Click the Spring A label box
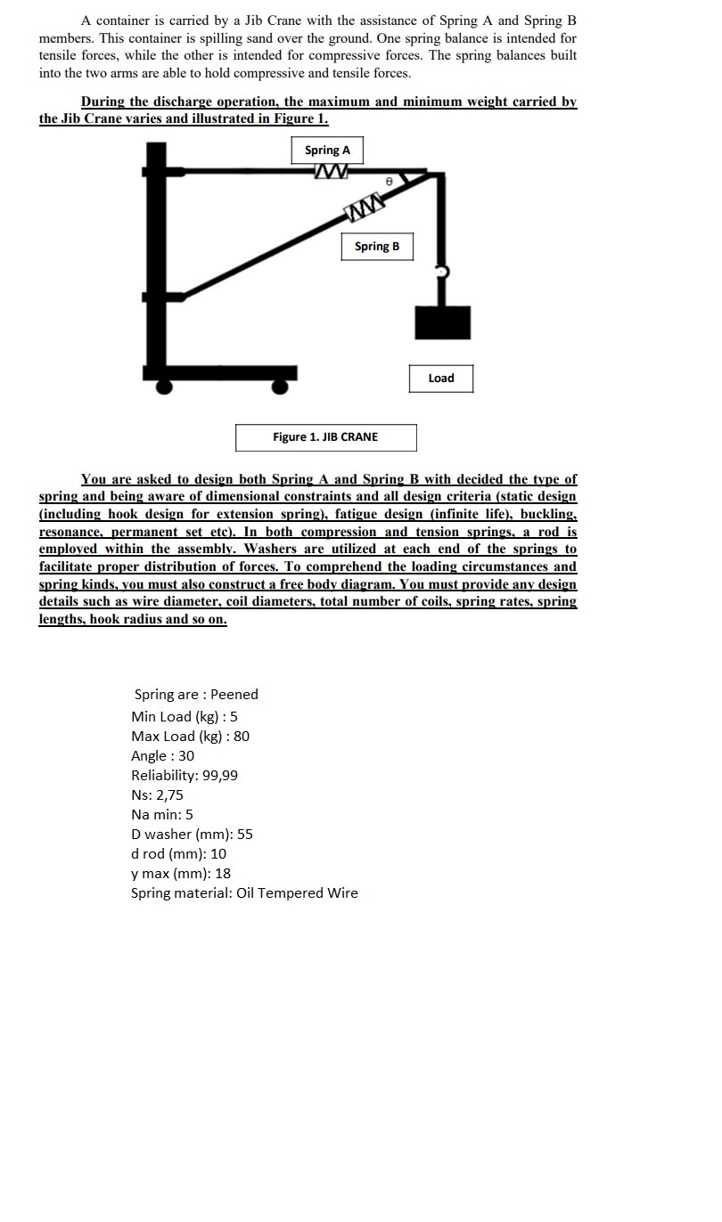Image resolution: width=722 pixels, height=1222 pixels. (x=327, y=151)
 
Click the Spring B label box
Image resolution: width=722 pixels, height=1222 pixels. (x=377, y=247)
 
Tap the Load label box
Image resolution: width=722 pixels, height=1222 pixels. (x=441, y=379)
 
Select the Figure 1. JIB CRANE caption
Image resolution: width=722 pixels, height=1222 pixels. (x=325, y=437)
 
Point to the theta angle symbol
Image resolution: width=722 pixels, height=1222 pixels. (x=388, y=181)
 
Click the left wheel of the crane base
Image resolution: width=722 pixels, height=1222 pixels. (x=164, y=386)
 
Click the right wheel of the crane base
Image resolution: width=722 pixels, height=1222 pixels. (x=281, y=386)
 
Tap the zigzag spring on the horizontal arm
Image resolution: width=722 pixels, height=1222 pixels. (x=330, y=171)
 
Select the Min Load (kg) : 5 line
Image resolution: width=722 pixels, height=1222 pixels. (x=185, y=717)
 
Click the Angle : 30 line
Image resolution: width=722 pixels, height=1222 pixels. (x=162, y=756)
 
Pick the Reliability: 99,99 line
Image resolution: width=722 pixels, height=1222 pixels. (x=185, y=776)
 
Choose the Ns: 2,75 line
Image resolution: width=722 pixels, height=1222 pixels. (x=157, y=795)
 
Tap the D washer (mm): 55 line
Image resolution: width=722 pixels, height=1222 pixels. (x=192, y=835)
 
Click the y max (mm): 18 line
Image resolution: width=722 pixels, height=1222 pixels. (x=181, y=874)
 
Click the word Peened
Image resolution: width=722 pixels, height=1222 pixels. (x=234, y=695)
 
